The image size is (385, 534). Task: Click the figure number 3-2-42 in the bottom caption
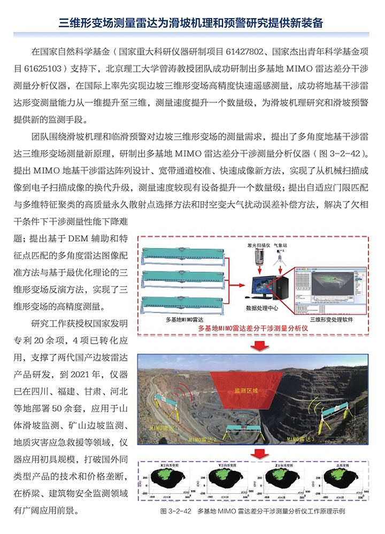tap(180, 511)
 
